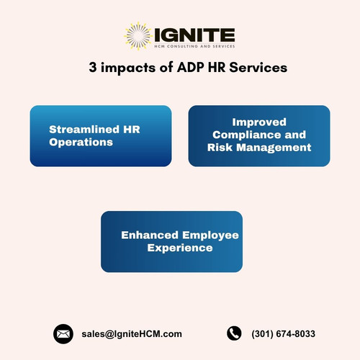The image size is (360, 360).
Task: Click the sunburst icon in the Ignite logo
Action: click(137, 36)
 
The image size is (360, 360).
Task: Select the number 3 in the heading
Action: click(92, 69)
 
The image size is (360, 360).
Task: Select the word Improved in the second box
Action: click(258, 122)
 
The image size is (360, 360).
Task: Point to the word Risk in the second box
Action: click(220, 148)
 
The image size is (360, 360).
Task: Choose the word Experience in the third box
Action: click(179, 248)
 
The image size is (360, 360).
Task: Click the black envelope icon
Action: click(64, 333)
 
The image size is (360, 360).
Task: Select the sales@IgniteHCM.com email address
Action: click(132, 333)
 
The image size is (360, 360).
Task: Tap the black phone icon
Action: click(234, 333)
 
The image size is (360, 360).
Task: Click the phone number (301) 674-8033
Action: click(284, 333)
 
